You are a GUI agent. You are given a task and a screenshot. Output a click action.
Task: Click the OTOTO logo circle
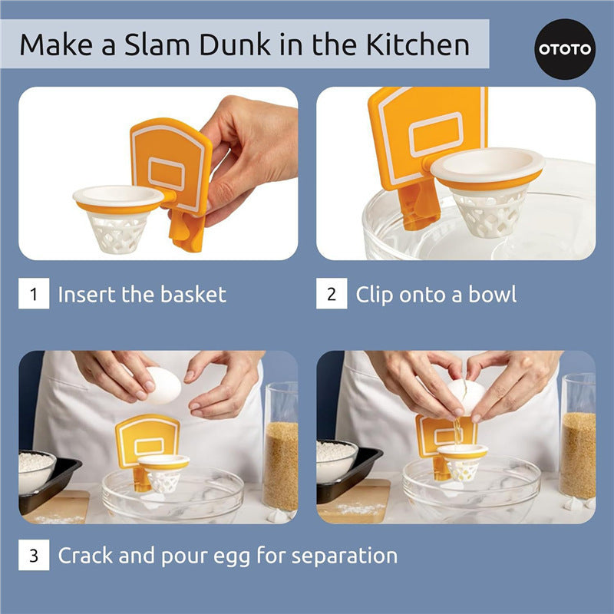click(x=565, y=49)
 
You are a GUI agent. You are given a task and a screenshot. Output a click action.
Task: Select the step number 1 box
click(x=34, y=294)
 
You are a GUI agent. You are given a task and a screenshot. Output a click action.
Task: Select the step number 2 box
click(x=332, y=294)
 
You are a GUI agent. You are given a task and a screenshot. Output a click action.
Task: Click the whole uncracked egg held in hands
click(x=163, y=385)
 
